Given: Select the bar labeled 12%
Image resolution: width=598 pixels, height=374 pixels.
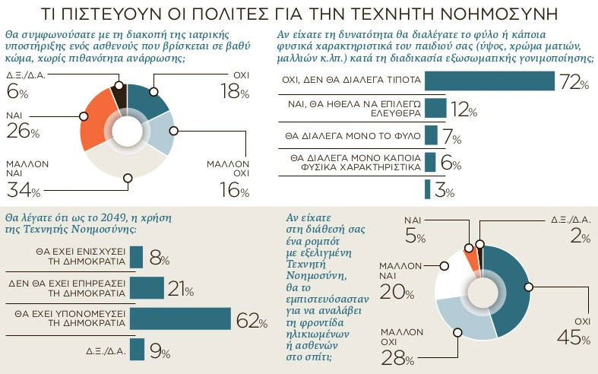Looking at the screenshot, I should (435, 108).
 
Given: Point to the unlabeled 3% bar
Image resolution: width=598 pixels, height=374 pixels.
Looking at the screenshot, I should (428, 189).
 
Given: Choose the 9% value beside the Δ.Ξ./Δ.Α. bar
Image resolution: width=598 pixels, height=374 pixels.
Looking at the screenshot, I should (159, 351).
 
